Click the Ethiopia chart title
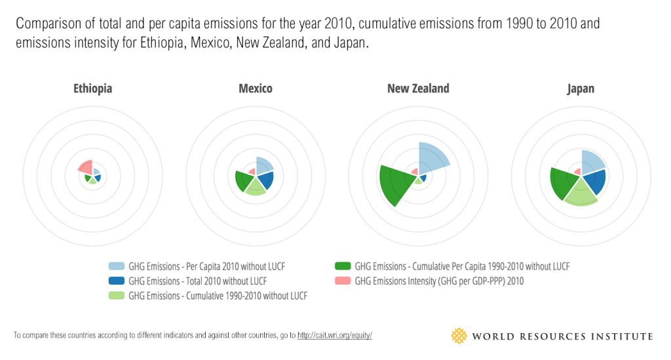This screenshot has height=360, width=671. [92, 89]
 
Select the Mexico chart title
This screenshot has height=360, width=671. [256, 89]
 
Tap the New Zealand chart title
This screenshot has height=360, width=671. [418, 89]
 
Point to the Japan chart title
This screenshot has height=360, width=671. [581, 89]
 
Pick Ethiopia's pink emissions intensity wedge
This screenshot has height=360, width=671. [85, 167]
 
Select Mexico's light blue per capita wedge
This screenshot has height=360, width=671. [263, 166]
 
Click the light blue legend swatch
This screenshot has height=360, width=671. [117, 266]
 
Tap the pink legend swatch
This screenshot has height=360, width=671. [343, 281]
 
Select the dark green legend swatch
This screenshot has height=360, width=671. [343, 266]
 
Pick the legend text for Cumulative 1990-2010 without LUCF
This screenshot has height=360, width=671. [218, 296]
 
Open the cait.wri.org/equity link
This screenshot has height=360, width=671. [335, 336]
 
